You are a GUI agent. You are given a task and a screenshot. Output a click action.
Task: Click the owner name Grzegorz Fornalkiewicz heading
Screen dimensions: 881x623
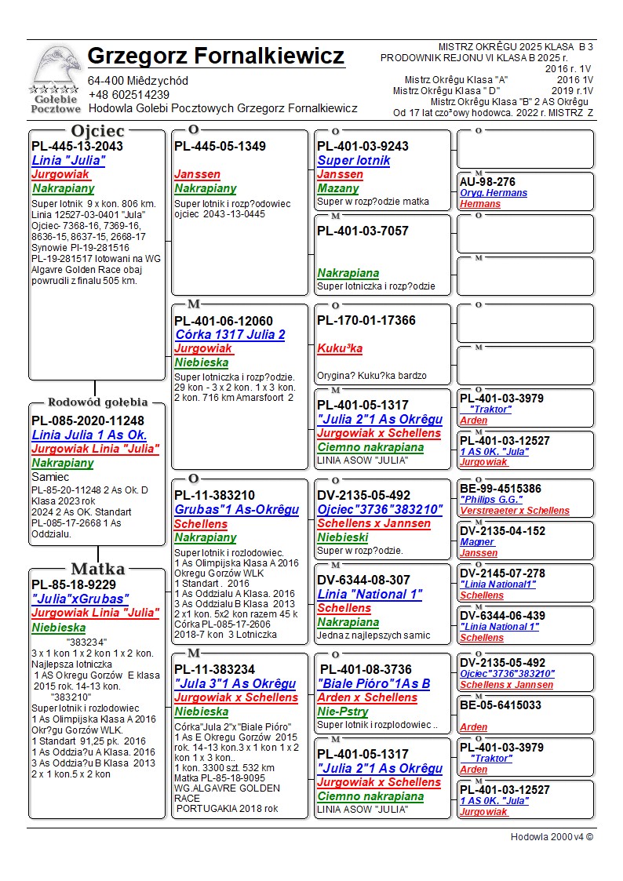[x=216, y=56]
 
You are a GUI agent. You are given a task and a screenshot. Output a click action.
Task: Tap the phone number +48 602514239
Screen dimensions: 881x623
[x=129, y=95]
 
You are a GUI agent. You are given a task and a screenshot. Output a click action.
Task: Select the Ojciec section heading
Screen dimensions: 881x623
[x=97, y=131]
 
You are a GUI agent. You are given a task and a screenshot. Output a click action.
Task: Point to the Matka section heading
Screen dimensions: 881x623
[x=97, y=569]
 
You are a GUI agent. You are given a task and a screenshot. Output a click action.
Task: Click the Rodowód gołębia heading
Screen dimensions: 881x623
[x=97, y=402]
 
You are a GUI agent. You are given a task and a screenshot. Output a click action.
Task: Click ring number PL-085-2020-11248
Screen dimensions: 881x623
[x=88, y=420]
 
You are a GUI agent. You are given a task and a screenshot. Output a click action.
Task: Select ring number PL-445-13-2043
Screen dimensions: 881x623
[x=77, y=147]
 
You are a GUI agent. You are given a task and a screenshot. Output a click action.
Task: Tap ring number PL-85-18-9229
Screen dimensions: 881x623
[x=74, y=584]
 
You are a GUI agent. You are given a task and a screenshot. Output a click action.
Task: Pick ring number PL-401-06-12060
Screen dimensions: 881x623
[x=224, y=321]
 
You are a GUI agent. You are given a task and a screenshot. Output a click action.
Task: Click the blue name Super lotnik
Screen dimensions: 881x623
[x=354, y=161]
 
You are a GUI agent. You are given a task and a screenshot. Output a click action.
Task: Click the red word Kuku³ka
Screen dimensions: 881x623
[x=340, y=348]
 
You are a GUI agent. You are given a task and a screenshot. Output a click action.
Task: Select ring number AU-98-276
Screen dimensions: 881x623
[x=487, y=182]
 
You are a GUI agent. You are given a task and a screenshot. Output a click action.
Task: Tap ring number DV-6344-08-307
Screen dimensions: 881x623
[x=363, y=580]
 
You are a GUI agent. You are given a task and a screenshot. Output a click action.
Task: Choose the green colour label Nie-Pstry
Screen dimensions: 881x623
[x=343, y=712]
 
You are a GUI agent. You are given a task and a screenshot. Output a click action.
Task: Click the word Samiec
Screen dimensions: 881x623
[x=50, y=477]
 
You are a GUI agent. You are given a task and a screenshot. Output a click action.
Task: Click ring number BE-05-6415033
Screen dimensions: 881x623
[x=500, y=705]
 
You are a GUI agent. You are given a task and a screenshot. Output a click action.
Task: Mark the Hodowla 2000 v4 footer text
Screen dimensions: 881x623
[x=552, y=837]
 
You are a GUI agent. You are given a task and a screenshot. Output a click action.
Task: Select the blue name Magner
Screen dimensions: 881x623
[x=477, y=542]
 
